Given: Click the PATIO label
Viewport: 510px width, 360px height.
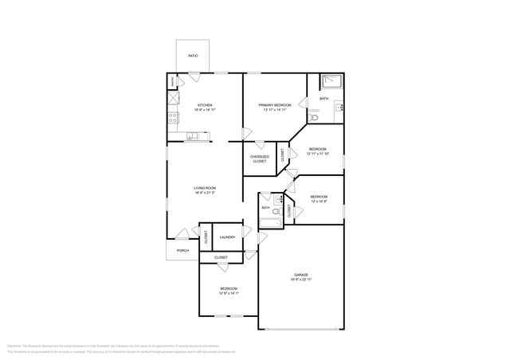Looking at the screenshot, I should click(192, 56).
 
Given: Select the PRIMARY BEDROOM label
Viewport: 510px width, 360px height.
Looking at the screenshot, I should click(273, 104).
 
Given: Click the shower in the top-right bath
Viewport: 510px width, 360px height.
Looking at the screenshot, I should click(331, 81).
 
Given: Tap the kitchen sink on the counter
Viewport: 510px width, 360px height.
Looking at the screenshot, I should click(193, 135).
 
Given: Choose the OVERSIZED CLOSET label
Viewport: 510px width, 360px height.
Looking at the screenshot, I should click(260, 158).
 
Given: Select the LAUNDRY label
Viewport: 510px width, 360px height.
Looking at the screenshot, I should click(227, 237).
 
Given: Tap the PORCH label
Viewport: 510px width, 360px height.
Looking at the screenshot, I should click(182, 250).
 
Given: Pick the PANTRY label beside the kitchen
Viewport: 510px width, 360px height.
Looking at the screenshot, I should click(172, 82).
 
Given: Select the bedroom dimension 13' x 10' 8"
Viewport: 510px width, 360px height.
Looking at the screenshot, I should click(319, 202).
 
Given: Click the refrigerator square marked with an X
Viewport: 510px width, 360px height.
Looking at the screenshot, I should click(172, 100).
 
